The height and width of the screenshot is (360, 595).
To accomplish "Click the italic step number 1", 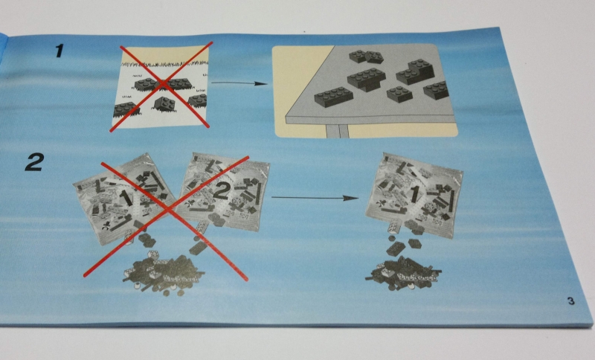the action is pyautogui.click(x=59, y=51).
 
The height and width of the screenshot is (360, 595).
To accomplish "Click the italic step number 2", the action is pyautogui.click(x=34, y=162).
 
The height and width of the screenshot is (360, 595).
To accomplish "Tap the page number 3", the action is pyautogui.click(x=570, y=301).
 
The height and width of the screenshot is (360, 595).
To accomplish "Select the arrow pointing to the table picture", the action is pyautogui.click(x=239, y=83).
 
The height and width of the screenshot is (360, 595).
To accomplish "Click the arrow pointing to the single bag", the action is pyautogui.click(x=315, y=198).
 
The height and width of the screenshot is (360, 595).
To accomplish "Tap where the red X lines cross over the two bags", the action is pyautogui.click(x=166, y=210).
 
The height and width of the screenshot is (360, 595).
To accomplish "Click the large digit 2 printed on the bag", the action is pyautogui.click(x=221, y=190).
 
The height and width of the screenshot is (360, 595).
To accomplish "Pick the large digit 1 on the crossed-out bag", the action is pyautogui.click(x=125, y=198).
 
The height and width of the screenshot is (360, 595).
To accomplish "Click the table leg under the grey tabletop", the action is pyautogui.click(x=337, y=131).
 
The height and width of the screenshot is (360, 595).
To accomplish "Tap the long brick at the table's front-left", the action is pyautogui.click(x=333, y=97).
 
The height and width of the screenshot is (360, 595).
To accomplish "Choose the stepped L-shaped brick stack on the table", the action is pyautogui.click(x=415, y=71).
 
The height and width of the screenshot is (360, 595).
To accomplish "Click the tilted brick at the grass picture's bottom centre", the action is pyautogui.click(x=164, y=103).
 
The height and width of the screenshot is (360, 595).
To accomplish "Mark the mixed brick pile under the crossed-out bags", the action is pyautogui.click(x=163, y=274).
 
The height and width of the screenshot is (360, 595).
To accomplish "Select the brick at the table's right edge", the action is pyautogui.click(x=436, y=90).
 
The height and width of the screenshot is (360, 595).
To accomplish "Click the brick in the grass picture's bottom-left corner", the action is pyautogui.click(x=126, y=109).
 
